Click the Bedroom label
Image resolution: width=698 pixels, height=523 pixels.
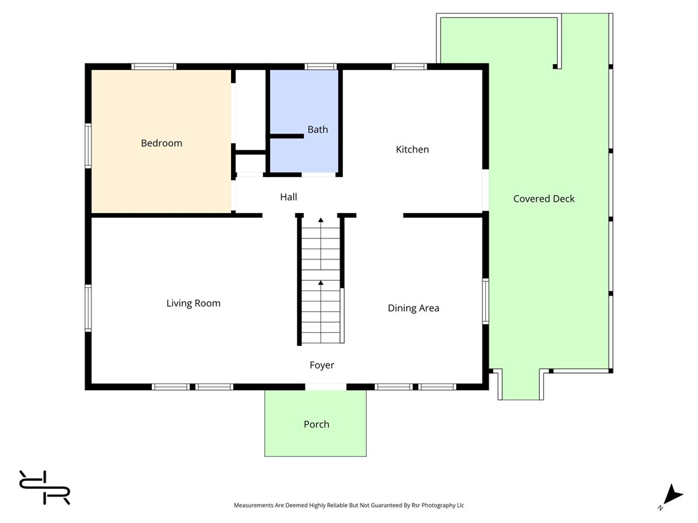click(x=162, y=143)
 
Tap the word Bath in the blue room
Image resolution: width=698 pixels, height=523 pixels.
click(x=318, y=129)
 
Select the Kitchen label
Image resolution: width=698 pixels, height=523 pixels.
click(x=412, y=149)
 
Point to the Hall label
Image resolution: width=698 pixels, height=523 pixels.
click(x=288, y=197)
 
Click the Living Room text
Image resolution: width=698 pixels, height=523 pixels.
click(x=193, y=303)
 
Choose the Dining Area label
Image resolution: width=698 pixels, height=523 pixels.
click(x=414, y=308)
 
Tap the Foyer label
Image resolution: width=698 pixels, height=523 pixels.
click(x=322, y=365)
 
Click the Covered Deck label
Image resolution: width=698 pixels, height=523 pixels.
click(x=544, y=199)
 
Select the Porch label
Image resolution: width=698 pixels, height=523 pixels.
click(x=316, y=424)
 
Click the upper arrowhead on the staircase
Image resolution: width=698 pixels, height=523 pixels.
click(x=320, y=220)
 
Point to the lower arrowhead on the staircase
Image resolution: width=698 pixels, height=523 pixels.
click(x=320, y=283)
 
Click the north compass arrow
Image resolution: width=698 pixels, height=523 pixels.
click(x=673, y=494)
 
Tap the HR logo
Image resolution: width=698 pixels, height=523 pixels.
click(x=44, y=488)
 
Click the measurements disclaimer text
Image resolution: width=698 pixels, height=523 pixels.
click(x=349, y=505)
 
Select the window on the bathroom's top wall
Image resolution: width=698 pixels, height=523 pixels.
click(x=320, y=67)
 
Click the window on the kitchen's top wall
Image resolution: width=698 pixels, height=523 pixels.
click(x=409, y=67)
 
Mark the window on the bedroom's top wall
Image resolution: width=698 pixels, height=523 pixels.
click(x=154, y=67)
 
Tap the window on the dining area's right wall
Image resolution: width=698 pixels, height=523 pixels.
click(x=485, y=301)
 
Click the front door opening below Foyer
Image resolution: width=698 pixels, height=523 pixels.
click(x=326, y=387)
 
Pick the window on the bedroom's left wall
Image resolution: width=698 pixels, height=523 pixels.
click(x=88, y=146)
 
